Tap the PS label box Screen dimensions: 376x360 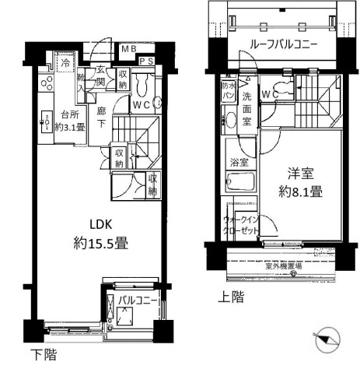pos(145,61)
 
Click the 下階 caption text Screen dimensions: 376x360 pos(43,356)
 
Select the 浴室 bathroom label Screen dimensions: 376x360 pos(239,163)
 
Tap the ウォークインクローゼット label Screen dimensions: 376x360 pos(243,227)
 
